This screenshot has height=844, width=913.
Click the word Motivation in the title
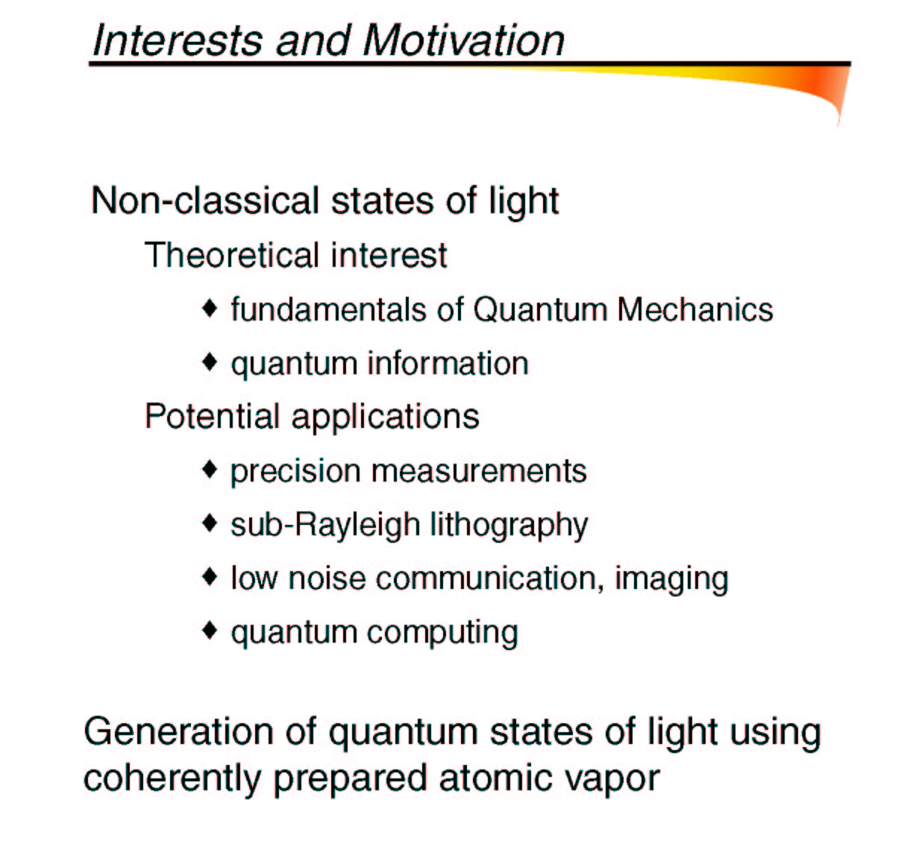coord(464,40)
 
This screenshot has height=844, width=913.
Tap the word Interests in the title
coord(178,40)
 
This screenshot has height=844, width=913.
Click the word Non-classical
coord(205,201)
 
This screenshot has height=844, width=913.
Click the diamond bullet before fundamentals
coord(210,308)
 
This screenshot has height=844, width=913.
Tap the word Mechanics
coord(695,309)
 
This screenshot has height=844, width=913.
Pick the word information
coord(448,363)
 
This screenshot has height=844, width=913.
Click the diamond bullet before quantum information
coord(210,362)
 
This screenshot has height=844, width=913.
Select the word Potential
coord(213,416)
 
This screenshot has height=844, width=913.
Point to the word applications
coord(385,418)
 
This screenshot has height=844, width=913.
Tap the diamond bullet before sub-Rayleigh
coord(210,523)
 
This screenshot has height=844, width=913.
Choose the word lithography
coord(509,526)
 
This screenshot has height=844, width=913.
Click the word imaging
coord(671,579)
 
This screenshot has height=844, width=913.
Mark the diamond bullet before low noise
coord(210,577)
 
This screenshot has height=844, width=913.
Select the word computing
coord(442,634)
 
